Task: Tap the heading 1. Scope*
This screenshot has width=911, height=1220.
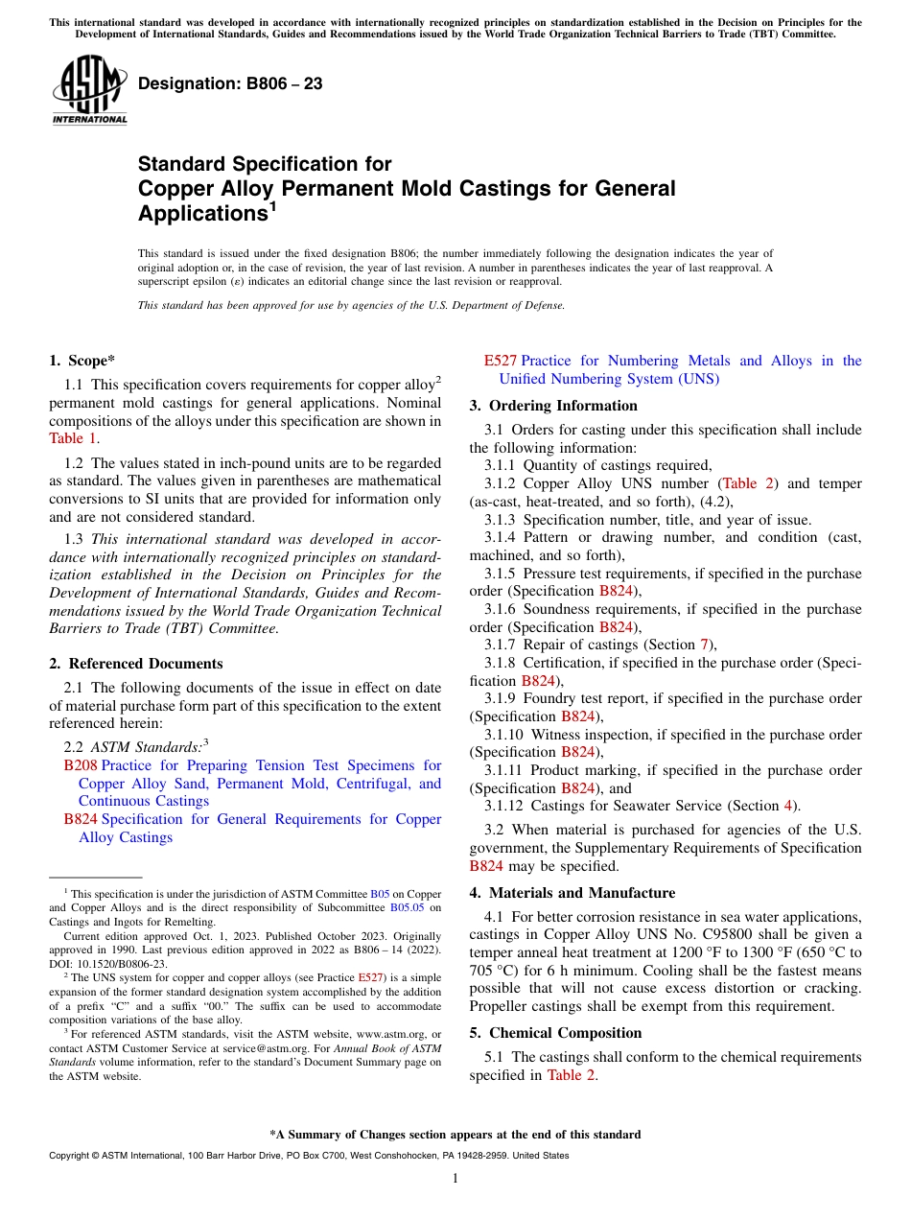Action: [82, 361]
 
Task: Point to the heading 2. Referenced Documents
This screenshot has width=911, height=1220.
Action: [135, 664]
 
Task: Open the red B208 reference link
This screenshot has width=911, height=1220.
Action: [81, 765]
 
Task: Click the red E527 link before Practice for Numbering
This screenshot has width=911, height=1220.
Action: [500, 361]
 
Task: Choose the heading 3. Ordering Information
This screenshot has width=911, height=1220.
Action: [553, 406]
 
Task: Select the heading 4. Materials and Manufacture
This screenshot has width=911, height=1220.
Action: [572, 893]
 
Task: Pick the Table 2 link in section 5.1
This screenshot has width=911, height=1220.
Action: [571, 1075]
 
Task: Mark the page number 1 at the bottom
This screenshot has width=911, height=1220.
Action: [455, 1179]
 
